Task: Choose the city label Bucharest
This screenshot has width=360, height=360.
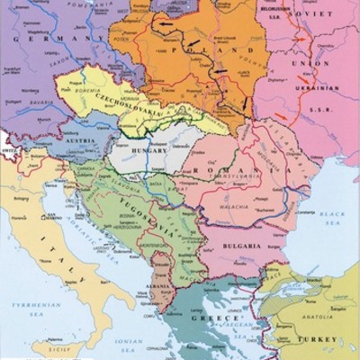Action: (261, 209)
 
